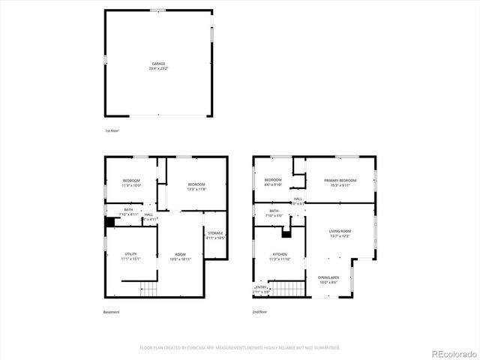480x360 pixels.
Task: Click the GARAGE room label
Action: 158,64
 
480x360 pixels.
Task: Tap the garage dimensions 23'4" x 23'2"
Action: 158,68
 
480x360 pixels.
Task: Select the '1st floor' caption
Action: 112,130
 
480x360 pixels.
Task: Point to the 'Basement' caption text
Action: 111,312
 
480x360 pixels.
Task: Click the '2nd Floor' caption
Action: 260,312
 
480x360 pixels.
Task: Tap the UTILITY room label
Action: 130,256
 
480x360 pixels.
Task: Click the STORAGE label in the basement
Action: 216,234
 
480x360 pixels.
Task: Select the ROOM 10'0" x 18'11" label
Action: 181,255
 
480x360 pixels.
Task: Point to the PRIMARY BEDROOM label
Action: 340,181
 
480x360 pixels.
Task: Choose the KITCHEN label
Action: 280,256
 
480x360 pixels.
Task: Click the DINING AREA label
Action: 328,278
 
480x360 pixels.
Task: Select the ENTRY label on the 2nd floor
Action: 261,287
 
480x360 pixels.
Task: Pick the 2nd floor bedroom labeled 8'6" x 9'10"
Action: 273,181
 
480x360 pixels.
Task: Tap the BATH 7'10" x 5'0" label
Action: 274,212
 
